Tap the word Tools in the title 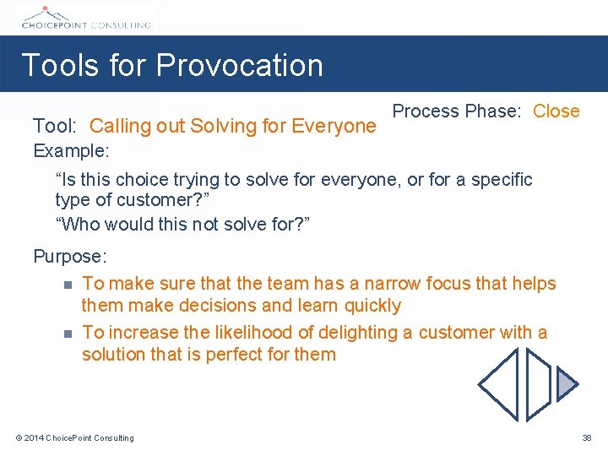54,66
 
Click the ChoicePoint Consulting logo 84,18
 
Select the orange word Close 556,111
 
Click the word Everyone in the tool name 333,127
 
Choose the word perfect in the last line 239,355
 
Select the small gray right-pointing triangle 566,384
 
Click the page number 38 587,437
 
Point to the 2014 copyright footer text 74,437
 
